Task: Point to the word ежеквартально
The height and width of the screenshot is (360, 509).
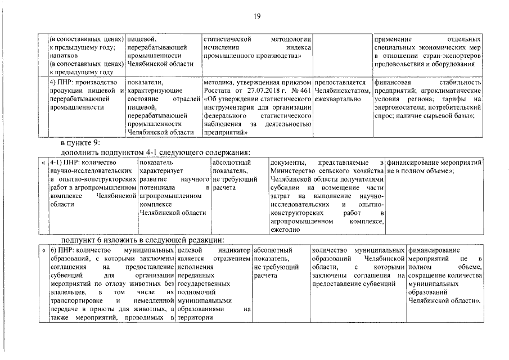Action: click(x=337, y=100)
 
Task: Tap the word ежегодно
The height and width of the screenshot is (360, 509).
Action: click(x=286, y=229)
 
